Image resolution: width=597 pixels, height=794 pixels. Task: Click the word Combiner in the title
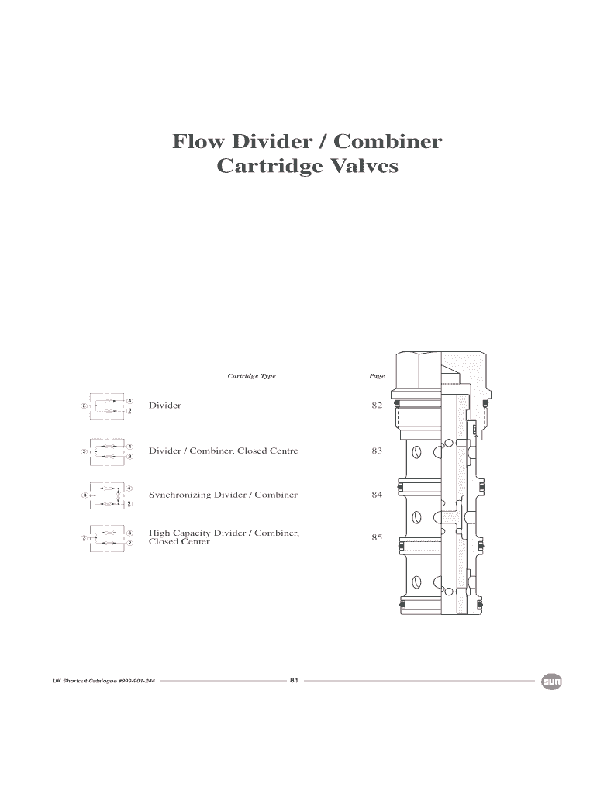tap(388, 141)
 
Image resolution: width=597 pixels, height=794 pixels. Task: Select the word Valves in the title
tap(357, 166)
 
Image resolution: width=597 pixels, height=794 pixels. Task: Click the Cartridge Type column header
tap(252, 376)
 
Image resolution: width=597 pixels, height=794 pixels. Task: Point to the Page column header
tap(378, 376)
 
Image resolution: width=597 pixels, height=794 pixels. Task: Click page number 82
tap(377, 405)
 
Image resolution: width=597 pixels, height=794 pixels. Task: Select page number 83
tap(377, 451)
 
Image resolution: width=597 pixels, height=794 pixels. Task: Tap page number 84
tap(377, 495)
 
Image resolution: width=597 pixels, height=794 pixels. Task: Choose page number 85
tap(377, 537)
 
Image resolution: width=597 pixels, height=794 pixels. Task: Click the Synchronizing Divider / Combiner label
tap(223, 495)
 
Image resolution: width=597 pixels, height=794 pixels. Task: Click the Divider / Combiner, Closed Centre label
tap(223, 451)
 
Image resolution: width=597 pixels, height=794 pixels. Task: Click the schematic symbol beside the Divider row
tap(107, 406)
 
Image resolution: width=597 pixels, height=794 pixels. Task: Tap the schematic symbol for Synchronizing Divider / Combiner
tap(107, 495)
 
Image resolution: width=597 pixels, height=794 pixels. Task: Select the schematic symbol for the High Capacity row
tap(107, 538)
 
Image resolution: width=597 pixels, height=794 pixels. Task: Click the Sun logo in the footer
tap(551, 682)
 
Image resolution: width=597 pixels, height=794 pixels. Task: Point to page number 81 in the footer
tap(294, 680)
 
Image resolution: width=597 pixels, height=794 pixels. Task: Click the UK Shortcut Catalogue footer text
tap(104, 681)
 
